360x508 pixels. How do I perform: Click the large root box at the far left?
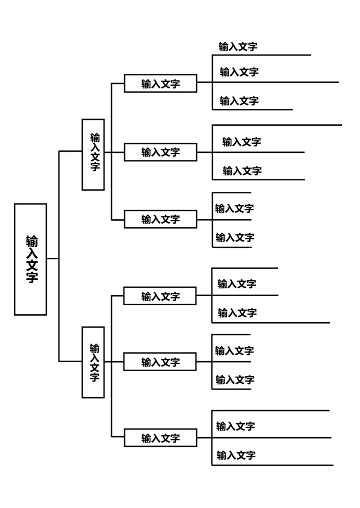pos(30,259)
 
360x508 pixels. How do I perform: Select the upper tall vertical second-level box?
pos(93,154)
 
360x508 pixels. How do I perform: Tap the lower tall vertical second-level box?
pos(93,362)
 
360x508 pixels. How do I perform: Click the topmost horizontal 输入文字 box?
pos(160,83)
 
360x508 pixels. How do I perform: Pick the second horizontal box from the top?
pos(160,152)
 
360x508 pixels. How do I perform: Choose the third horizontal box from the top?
pos(160,219)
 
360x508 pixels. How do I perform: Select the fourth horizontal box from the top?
pos(160,296)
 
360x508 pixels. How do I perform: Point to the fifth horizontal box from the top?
pos(160,362)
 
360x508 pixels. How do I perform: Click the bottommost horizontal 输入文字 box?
pos(160,438)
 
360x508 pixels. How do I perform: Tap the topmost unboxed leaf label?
pos(238,47)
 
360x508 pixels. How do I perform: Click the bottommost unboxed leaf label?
pos(236,455)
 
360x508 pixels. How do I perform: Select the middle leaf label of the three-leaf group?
pos(239,72)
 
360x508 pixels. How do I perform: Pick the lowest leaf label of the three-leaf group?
pos(239,101)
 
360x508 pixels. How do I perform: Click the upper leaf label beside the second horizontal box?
pos(241,142)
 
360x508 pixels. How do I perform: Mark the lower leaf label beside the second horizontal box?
pos(242,171)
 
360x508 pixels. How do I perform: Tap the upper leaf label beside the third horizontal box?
pos(234,208)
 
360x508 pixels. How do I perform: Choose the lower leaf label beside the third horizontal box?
pos(235,237)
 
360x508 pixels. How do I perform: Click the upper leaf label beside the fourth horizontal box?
pos(237,284)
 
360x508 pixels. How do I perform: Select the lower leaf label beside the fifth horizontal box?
pos(235,380)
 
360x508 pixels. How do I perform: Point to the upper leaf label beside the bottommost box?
pos(235,426)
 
